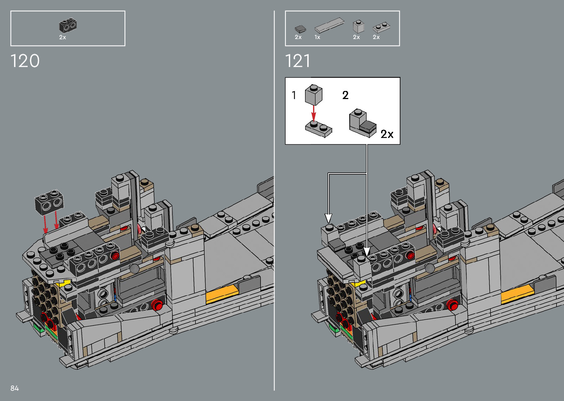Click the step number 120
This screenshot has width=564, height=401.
(x=25, y=61)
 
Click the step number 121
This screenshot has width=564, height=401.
(x=297, y=61)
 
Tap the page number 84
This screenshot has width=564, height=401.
(x=15, y=388)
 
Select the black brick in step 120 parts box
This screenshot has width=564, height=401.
(x=68, y=26)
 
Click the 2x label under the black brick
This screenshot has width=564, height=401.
(x=63, y=37)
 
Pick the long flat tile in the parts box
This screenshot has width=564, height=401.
(x=329, y=25)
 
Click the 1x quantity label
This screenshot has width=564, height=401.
(x=317, y=37)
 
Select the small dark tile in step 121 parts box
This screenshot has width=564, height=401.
(x=300, y=29)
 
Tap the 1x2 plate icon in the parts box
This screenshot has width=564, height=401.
(x=381, y=28)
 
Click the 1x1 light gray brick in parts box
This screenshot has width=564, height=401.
(x=358, y=27)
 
